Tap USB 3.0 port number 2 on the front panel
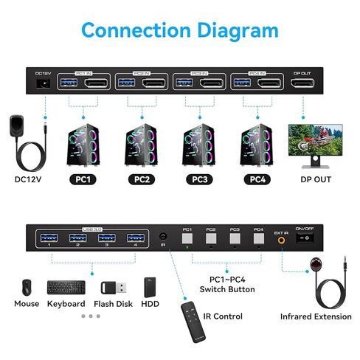click(77, 238)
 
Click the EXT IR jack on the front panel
click(281, 239)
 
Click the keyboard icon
click(66, 286)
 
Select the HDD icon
click(151, 286)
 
